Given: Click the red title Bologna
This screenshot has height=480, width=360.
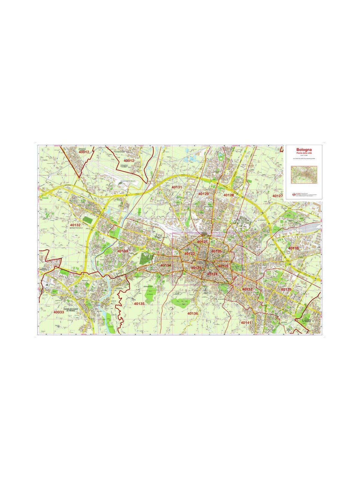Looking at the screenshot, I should point(304,149).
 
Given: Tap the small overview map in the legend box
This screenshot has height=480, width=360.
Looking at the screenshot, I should point(304,175).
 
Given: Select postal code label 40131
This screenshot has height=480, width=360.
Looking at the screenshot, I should point(177,187).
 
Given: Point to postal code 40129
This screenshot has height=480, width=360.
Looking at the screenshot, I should point(203,194).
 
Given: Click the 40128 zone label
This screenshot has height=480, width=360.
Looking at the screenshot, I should point(229,195).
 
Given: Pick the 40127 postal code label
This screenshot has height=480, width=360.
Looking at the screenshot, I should point(277,196).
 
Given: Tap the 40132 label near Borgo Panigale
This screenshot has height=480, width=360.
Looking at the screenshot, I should point(75,225).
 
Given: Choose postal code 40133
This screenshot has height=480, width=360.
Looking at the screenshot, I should point(122,251).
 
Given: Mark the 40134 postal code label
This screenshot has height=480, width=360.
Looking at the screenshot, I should point(166,265).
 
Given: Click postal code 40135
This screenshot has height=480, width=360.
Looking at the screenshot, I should point(139,304).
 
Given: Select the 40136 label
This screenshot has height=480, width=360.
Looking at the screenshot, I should point(193,313).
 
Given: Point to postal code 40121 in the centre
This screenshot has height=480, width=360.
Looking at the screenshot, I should point(202,241).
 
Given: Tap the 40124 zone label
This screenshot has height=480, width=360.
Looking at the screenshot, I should point(212,274).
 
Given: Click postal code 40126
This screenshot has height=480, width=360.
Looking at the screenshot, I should point(216,251).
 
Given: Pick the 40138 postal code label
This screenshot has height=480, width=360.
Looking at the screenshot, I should point(293,248).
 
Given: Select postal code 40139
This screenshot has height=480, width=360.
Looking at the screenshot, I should point(286,289).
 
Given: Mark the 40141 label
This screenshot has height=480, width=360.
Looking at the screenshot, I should point(246,322).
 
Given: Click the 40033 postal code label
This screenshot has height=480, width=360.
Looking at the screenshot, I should point(59,312).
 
